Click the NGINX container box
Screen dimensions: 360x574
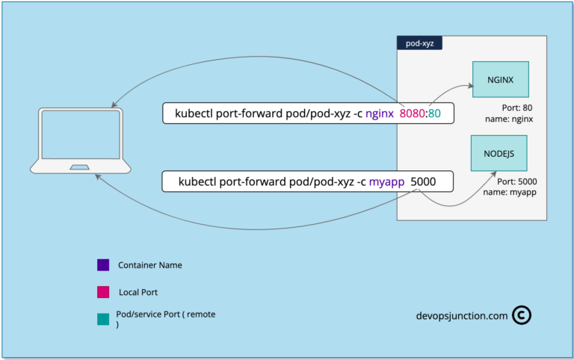click(x=501, y=79)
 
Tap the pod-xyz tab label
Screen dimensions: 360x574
click(x=419, y=44)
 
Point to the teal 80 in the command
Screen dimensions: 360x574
click(x=434, y=114)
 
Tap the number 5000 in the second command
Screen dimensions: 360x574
click(x=423, y=181)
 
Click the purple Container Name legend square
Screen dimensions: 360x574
click(x=103, y=265)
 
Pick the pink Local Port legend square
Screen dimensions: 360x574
click(x=103, y=292)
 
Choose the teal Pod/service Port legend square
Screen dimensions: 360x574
click(x=103, y=319)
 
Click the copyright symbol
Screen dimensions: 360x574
click(x=522, y=315)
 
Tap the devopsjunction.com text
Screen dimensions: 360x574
click(x=462, y=316)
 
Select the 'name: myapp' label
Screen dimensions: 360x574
click(x=513, y=192)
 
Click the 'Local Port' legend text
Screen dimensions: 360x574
click(x=138, y=292)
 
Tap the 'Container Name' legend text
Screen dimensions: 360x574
click(x=150, y=265)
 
